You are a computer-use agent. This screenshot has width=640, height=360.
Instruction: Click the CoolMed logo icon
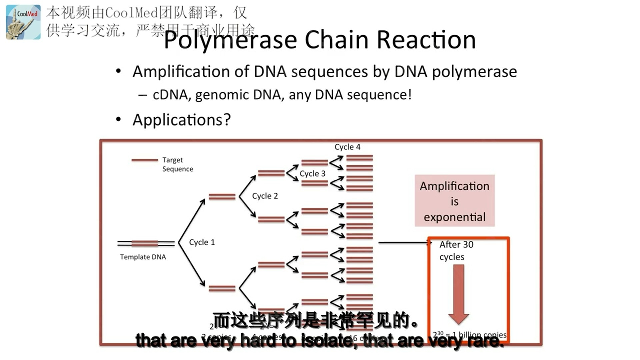point(23,22)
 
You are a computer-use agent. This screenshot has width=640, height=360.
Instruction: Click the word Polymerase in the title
point(230,40)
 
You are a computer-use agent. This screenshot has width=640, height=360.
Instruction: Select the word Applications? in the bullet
point(181,120)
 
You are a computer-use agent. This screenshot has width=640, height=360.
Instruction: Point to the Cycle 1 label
point(202,242)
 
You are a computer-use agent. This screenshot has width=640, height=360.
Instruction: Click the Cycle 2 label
point(265,196)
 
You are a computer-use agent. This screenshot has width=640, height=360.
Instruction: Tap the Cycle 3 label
point(312,174)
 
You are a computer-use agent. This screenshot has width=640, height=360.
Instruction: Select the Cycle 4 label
point(347,147)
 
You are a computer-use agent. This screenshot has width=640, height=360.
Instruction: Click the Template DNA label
point(143,257)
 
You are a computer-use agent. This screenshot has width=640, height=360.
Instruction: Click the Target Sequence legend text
point(177,164)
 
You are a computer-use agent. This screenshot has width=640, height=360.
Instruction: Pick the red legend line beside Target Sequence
point(145,160)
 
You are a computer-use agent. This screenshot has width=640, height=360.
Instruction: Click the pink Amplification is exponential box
point(454,201)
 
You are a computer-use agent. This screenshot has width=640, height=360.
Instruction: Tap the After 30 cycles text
point(456,251)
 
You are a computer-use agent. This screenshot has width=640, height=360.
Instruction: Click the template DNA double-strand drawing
point(146,244)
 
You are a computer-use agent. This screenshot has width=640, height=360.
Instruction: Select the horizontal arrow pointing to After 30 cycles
point(403,243)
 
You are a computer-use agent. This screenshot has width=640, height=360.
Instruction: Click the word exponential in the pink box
point(454,217)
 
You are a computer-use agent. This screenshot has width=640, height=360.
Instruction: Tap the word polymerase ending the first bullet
point(474,72)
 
